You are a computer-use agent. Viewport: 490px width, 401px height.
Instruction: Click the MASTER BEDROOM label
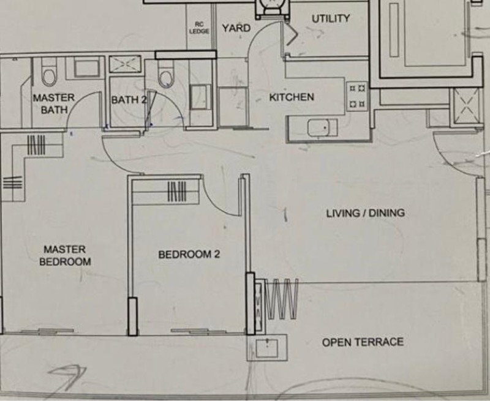(66, 255)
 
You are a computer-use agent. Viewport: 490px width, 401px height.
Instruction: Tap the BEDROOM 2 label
(189, 255)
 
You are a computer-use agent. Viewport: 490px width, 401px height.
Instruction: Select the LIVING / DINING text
(366, 213)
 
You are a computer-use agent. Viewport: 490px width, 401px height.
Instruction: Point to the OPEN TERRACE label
(363, 342)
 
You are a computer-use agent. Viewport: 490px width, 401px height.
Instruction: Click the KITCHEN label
(292, 97)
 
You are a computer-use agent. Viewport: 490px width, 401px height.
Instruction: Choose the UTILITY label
(331, 19)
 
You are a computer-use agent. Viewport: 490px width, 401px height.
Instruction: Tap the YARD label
(236, 28)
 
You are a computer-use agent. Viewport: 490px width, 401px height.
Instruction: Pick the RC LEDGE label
(199, 28)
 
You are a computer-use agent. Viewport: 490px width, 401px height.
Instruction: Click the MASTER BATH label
(54, 103)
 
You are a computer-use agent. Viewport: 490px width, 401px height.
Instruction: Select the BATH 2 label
(129, 100)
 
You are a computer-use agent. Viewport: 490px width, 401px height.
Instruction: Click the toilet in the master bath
(49, 73)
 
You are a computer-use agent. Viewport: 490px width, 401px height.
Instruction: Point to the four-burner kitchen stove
(358, 96)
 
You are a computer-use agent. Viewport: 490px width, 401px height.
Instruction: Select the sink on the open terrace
(266, 348)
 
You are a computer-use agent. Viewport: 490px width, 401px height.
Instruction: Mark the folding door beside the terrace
(282, 299)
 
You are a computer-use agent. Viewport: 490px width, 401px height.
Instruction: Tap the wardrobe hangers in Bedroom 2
(177, 191)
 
